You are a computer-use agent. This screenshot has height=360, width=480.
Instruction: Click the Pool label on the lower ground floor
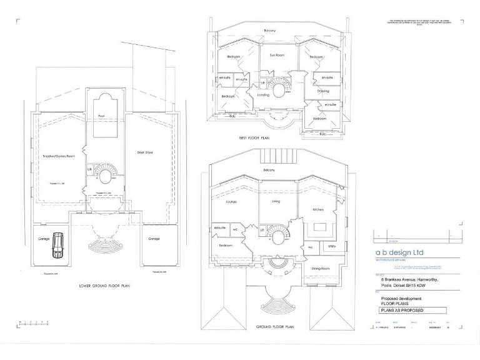tap(101, 116)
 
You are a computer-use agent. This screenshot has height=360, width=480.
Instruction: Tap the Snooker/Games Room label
tap(59, 156)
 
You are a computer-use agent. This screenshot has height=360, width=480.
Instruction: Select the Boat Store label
tap(145, 152)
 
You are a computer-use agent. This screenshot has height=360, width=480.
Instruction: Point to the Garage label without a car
tap(154, 239)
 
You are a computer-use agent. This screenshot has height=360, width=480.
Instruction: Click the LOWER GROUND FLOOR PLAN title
tap(104, 286)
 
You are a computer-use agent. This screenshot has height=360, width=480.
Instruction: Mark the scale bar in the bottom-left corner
tap(34, 323)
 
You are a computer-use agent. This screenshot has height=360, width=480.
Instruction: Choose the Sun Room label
tap(277, 55)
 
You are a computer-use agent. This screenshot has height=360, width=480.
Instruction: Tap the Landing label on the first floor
tap(263, 95)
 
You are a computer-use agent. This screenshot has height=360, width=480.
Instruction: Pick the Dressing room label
tap(323, 91)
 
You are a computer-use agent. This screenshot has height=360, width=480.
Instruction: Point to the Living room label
tap(276, 201)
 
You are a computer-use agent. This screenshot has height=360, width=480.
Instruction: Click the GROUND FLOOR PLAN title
tap(275, 326)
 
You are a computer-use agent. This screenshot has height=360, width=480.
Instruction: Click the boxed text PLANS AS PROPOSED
tap(402, 310)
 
